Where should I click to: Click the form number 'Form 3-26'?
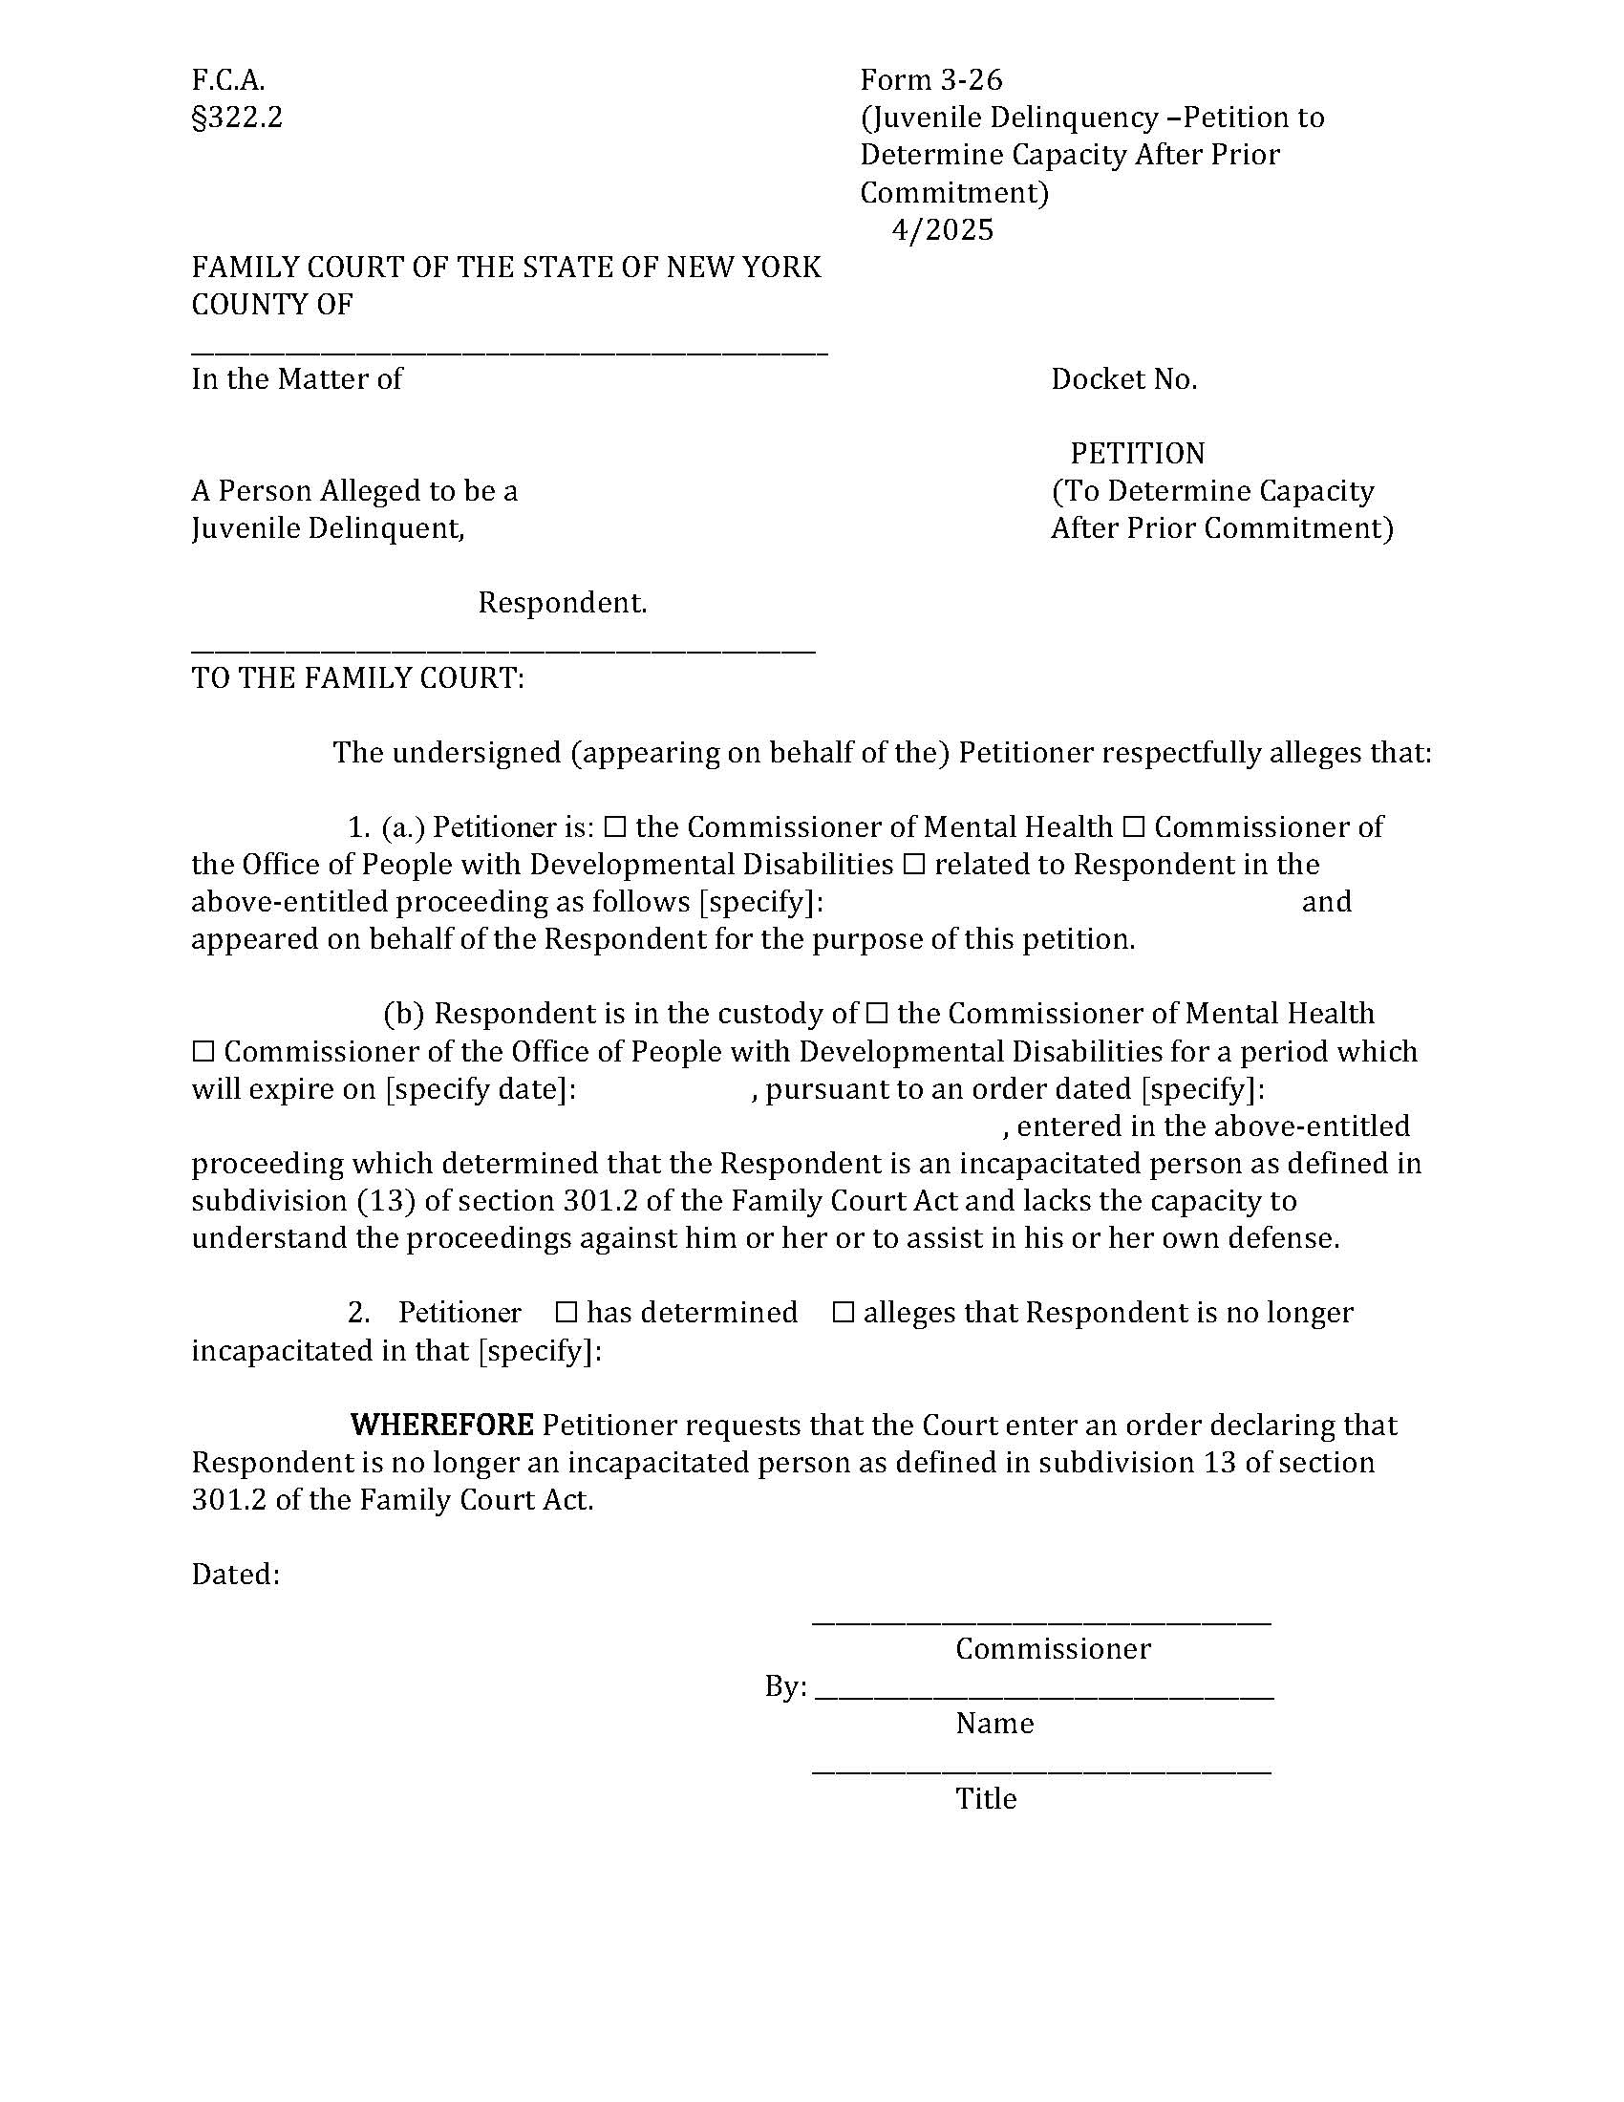930,79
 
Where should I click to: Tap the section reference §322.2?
237,118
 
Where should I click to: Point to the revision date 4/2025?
942,230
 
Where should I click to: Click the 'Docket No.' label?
1122,379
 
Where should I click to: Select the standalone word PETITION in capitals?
1136,453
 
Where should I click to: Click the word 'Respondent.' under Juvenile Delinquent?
562,604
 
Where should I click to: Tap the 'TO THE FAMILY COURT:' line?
358,678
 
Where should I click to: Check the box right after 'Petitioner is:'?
617,827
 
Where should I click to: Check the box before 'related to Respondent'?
914,866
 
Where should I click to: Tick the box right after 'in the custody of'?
876,1015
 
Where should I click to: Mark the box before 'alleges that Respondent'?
843,1313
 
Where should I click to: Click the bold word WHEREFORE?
441,1426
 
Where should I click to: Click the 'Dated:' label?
236,1575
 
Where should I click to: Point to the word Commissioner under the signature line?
1053,1649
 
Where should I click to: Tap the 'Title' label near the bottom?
985,1799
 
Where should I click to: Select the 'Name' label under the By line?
994,1724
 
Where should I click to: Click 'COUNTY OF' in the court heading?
272,305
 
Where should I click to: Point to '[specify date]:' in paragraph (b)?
481,1089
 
